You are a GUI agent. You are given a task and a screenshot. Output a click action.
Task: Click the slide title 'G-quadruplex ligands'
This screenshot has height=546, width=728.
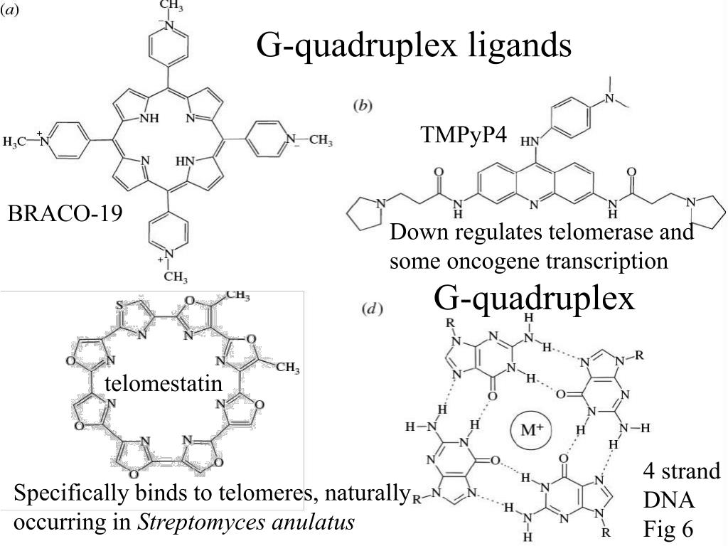[x=413, y=45]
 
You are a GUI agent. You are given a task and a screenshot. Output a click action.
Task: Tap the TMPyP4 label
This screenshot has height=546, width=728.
[x=463, y=135]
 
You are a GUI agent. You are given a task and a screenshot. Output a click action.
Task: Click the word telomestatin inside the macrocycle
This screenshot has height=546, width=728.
[x=164, y=384]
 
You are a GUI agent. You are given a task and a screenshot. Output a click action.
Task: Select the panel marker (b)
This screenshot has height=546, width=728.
[x=363, y=106]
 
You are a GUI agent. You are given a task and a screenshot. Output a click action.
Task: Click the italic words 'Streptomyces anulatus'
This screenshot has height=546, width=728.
[x=246, y=523]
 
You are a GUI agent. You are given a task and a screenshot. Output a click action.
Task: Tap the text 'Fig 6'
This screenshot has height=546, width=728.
[x=668, y=529]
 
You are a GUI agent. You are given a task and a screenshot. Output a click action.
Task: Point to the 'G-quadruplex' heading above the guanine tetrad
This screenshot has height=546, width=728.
[x=534, y=298]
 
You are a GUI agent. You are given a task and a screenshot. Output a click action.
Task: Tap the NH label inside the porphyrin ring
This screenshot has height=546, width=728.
[x=148, y=119]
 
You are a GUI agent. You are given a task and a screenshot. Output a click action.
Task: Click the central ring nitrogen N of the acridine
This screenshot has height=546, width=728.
[x=534, y=205]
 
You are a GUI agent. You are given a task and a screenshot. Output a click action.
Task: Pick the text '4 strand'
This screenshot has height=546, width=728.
[x=681, y=471]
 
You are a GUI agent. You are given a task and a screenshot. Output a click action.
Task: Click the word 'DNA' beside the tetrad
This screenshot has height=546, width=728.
[x=668, y=500]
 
